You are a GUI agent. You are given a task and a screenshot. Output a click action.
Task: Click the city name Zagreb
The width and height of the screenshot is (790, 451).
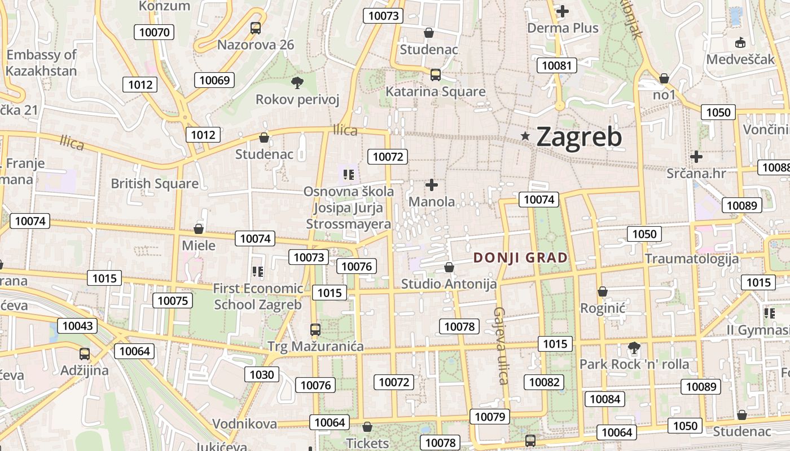[x=579, y=136]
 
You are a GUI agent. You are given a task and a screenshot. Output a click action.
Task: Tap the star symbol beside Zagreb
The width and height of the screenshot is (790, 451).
[x=525, y=136]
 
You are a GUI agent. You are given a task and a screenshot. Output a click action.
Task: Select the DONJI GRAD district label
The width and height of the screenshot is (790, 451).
[x=520, y=258]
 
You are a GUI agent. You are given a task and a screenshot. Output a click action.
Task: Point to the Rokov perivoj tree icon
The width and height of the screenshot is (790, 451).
[x=297, y=83]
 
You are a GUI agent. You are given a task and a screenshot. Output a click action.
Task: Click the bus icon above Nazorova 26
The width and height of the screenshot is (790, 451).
[x=256, y=28]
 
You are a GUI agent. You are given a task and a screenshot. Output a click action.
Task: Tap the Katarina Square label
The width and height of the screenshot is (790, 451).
[x=435, y=91]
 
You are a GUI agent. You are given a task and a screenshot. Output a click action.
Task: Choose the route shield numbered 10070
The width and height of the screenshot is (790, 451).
[x=154, y=32]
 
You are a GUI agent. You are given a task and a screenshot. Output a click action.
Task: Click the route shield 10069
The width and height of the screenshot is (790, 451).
[x=214, y=80]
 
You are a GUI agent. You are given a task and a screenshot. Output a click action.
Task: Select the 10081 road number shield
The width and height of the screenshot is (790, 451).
[x=556, y=65]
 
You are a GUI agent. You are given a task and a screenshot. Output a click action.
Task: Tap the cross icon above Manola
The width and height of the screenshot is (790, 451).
[x=432, y=184]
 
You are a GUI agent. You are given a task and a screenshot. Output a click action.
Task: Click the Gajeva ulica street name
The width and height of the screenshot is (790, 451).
[x=501, y=345]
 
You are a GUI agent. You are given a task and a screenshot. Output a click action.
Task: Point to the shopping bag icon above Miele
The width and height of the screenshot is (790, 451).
[x=199, y=229]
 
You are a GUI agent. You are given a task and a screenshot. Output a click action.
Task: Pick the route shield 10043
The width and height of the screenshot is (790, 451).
[x=77, y=325]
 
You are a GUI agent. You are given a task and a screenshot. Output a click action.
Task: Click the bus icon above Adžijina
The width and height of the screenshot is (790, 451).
[x=85, y=354]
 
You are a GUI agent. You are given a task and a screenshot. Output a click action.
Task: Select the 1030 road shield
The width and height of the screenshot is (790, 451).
[x=262, y=374]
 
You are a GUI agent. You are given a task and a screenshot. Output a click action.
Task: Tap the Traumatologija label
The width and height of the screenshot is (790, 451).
[x=692, y=259]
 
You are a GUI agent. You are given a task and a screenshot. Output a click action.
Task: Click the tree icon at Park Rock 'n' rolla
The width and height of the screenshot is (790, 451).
[x=634, y=348]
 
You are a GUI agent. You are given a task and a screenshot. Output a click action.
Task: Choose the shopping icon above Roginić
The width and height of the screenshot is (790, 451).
[x=603, y=291]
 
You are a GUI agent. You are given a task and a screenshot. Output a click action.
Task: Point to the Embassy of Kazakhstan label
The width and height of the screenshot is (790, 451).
[x=42, y=63]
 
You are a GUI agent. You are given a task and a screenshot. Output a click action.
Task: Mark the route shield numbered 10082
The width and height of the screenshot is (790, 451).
[x=544, y=382]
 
